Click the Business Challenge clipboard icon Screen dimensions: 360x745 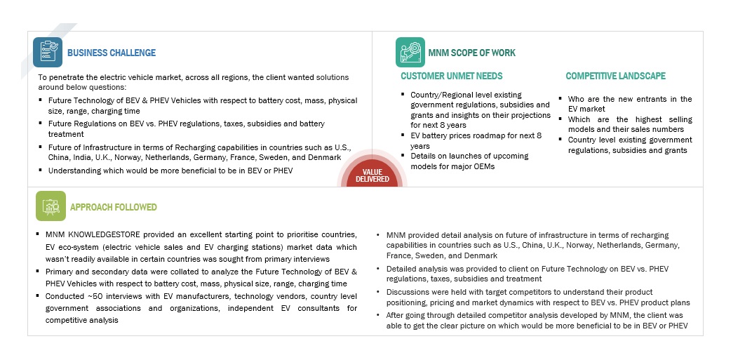(x=48, y=52)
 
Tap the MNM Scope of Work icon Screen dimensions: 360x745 (x=410, y=52)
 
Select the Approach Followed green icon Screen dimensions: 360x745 (x=51, y=206)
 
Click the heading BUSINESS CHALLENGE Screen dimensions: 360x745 (x=112, y=53)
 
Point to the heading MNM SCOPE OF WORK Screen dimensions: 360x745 (x=471, y=53)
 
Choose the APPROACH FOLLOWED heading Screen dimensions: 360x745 (x=114, y=207)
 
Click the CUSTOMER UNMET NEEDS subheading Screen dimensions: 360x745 (x=451, y=76)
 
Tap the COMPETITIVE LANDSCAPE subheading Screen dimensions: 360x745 (x=616, y=76)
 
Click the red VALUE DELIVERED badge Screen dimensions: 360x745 (x=372, y=175)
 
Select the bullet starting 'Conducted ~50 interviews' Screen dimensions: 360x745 (x=196, y=308)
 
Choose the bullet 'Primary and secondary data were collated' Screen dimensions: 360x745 (x=196, y=277)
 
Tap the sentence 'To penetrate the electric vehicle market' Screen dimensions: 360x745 (x=193, y=77)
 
